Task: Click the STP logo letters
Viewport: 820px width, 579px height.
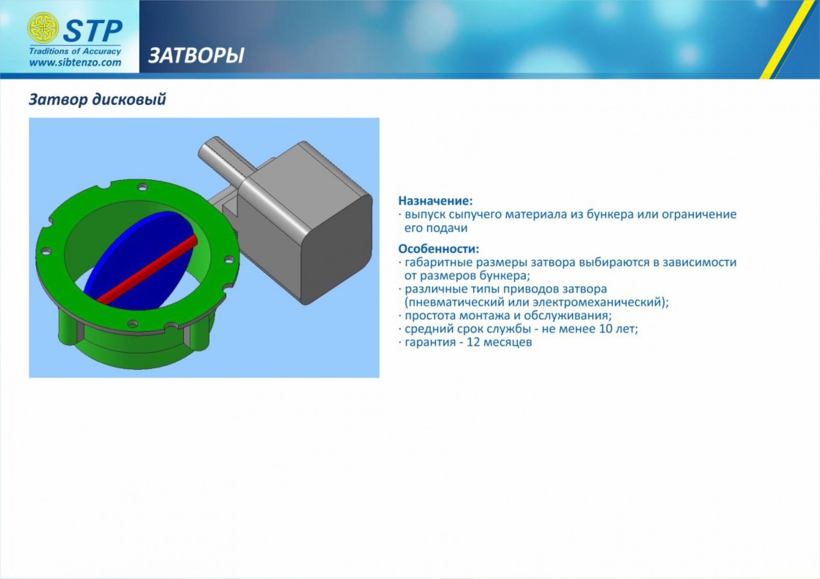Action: coord(93,31)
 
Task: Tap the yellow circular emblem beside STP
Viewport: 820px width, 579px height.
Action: coord(43,28)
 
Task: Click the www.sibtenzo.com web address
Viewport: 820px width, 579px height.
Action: coord(75,63)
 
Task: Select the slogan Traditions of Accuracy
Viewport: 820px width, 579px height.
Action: coord(75,51)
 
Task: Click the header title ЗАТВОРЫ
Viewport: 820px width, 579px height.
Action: coord(196,55)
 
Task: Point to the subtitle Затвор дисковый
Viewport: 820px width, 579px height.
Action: coord(97,99)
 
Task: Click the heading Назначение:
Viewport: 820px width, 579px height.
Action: coord(436,201)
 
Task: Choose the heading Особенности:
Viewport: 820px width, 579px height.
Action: coord(439,248)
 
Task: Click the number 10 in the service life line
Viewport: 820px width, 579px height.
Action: coord(606,329)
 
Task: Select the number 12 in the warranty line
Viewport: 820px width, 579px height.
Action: coord(474,342)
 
